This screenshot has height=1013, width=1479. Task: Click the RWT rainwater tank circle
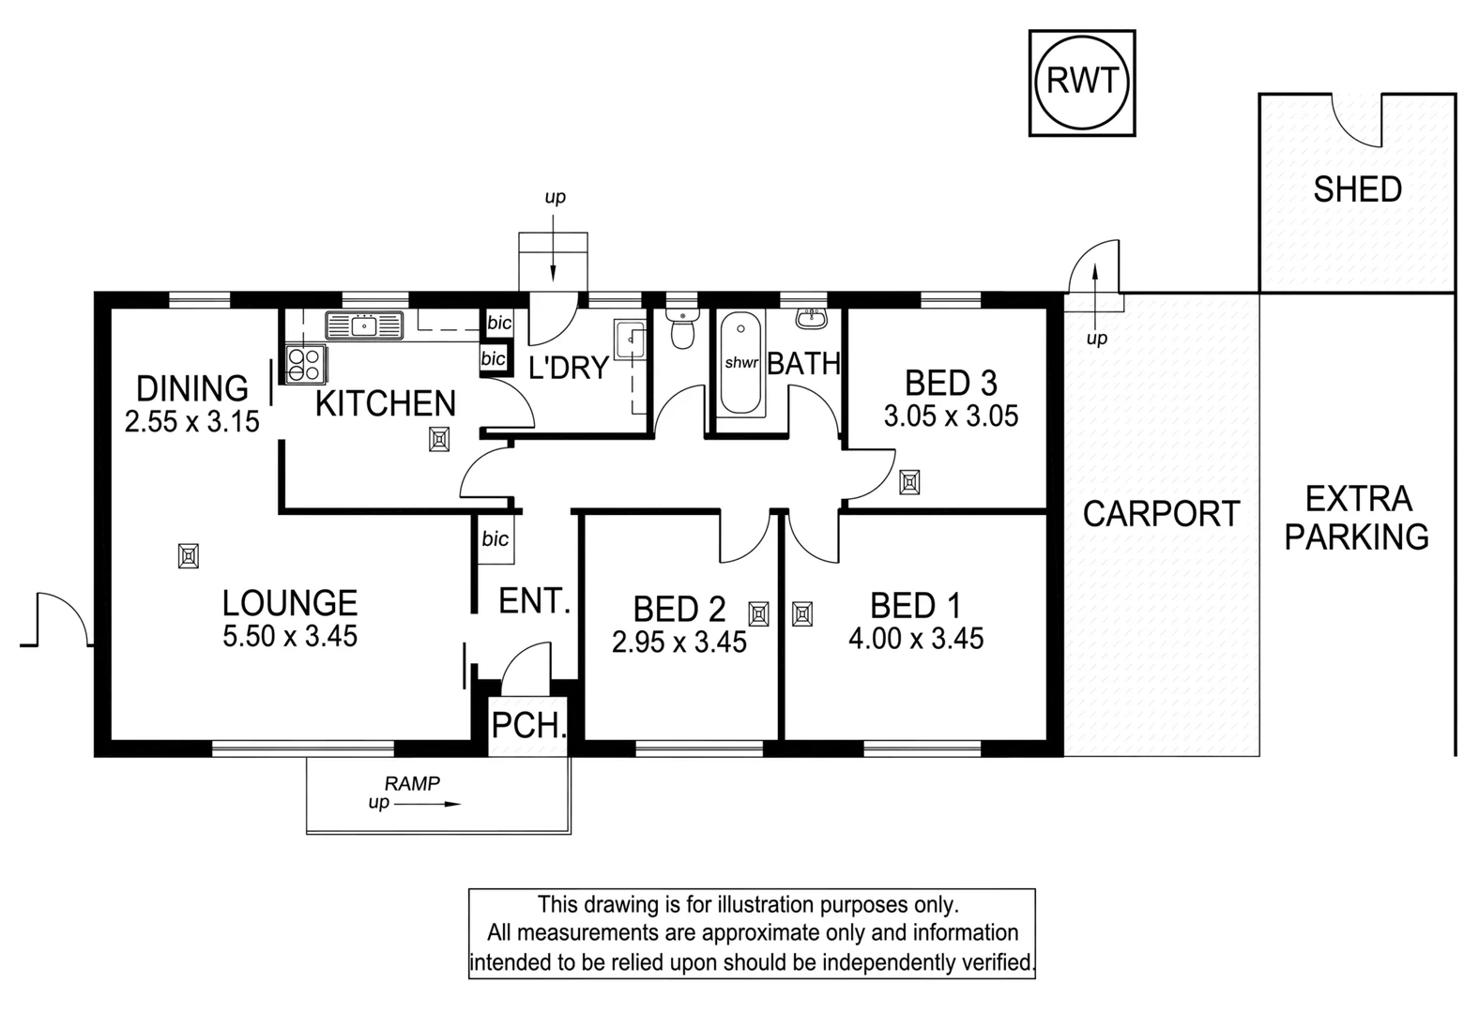[x=1081, y=82]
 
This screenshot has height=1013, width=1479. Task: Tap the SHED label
[x=1357, y=189]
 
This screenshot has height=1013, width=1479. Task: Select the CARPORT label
[x=1161, y=514]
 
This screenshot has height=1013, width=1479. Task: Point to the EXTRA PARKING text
[x=1357, y=518]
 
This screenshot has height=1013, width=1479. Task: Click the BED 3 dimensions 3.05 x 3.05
[x=951, y=416]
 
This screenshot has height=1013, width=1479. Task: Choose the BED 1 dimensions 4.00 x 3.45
[x=916, y=639]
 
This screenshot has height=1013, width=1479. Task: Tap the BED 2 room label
[x=679, y=609]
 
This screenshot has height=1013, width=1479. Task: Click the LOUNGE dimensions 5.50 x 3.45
[x=290, y=636]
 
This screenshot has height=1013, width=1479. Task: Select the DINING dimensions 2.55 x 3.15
[x=191, y=421]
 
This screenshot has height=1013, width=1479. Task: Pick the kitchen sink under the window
[x=364, y=325]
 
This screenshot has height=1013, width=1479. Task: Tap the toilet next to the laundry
[x=682, y=330]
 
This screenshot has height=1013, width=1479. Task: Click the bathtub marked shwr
[x=740, y=364]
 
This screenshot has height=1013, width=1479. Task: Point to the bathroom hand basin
[x=811, y=319]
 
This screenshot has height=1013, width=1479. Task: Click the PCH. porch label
[x=529, y=725]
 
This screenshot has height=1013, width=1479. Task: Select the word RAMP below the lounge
[x=412, y=783]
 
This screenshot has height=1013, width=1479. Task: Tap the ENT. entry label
[x=535, y=600]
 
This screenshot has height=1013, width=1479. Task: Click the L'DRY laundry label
[x=569, y=368]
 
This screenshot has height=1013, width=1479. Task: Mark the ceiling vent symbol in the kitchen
[x=439, y=439]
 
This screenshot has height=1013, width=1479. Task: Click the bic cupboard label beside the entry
[x=495, y=538]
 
